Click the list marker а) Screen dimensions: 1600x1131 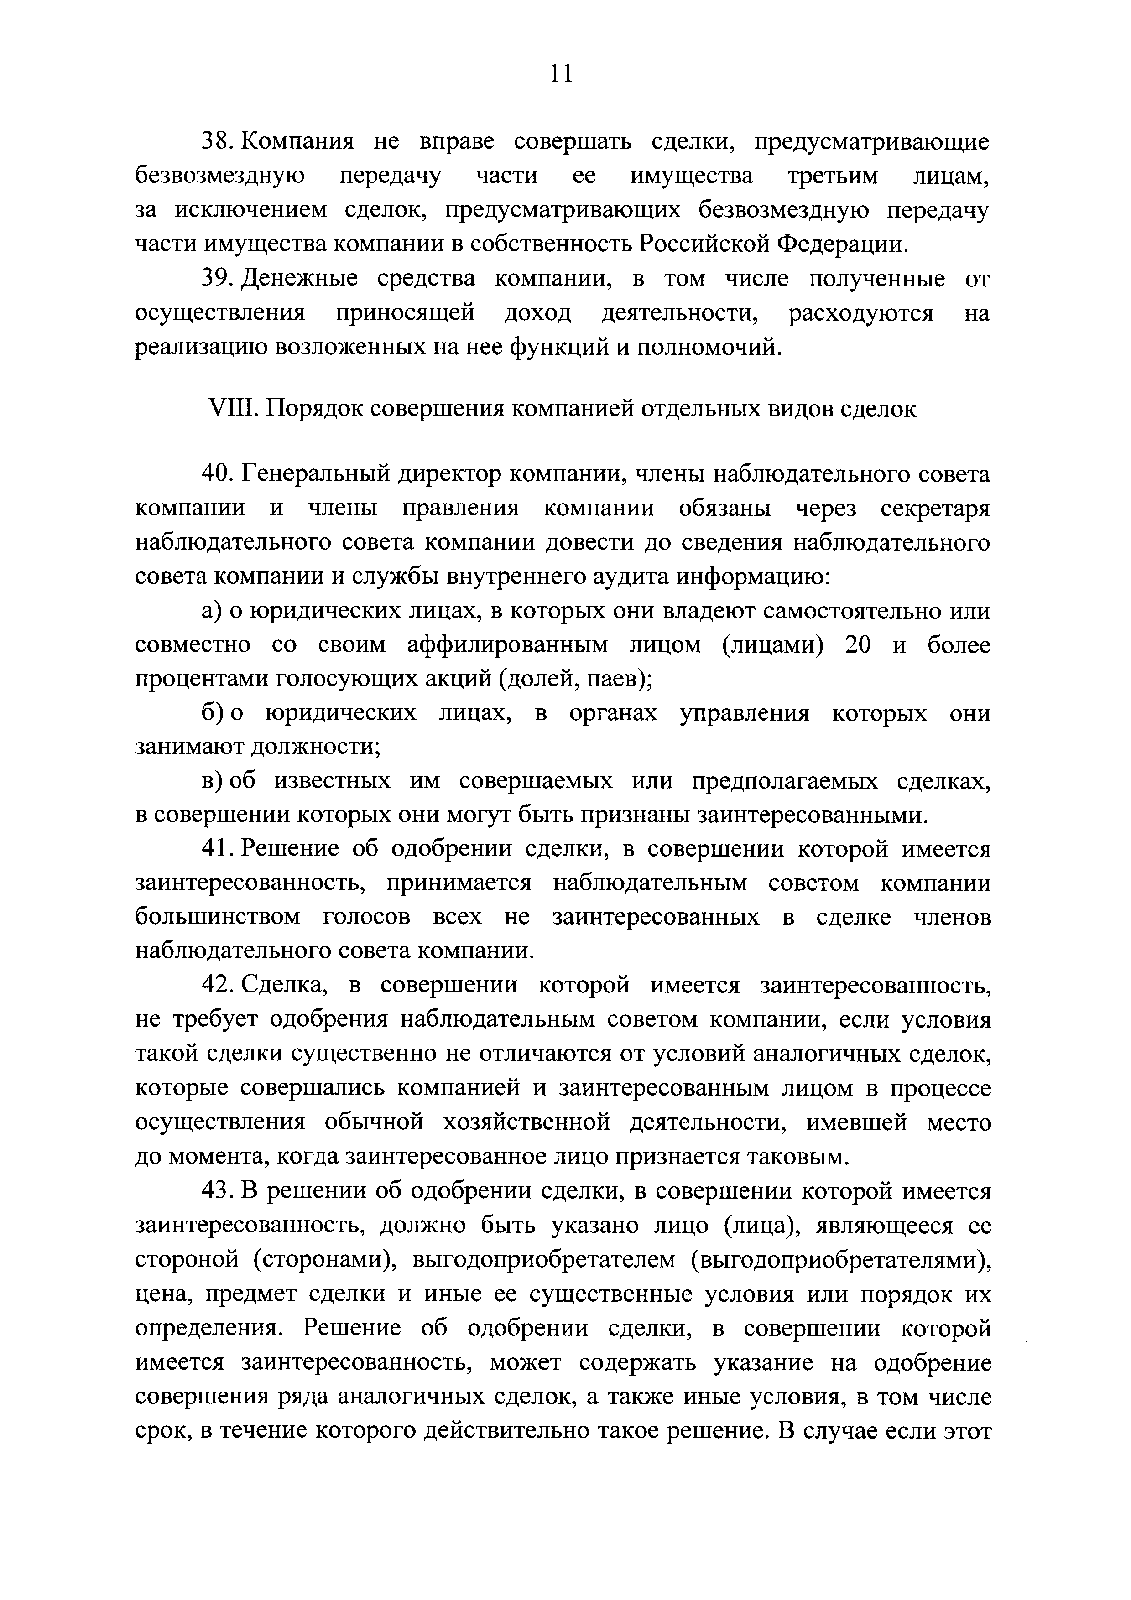tap(210, 611)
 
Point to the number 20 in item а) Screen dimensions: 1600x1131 tap(858, 645)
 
